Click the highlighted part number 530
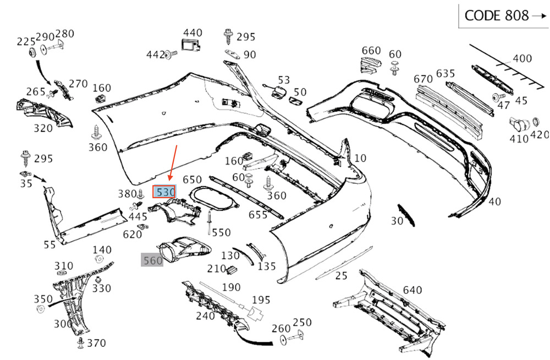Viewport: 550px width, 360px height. tap(164, 192)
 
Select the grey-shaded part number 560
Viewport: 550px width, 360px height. tap(152, 260)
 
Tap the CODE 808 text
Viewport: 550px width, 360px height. tap(496, 16)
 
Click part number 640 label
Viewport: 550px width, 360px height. tap(412, 290)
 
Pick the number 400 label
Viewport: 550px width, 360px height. tap(522, 58)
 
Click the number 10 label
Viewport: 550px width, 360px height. tap(360, 158)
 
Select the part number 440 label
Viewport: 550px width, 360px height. tap(193, 32)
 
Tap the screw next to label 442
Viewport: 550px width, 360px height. tap(171, 54)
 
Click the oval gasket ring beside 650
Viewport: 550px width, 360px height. tap(213, 198)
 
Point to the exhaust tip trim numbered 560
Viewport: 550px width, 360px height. tap(185, 249)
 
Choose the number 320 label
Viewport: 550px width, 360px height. tap(43, 128)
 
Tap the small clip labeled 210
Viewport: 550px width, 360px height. tap(233, 270)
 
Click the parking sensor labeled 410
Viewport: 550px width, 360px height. tap(520, 124)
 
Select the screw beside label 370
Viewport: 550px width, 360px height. tap(81, 343)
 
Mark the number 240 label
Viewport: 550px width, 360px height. tap(205, 316)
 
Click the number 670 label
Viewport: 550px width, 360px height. tap(424, 79)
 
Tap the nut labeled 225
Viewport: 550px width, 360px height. tap(32, 53)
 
